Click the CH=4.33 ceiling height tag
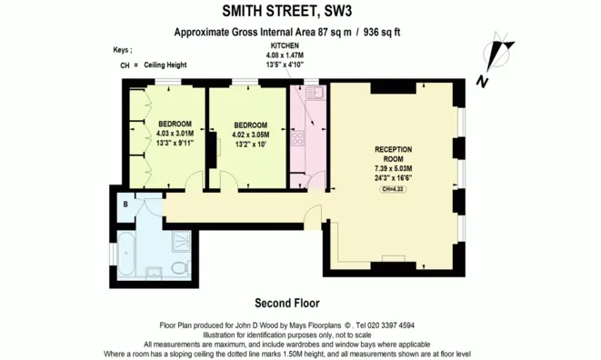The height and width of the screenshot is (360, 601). coord(393,188)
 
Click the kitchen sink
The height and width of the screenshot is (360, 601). coord(311,94)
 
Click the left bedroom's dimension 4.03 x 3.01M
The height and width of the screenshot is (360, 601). coord(175,133)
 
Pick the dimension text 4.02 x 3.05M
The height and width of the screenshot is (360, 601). coord(250,134)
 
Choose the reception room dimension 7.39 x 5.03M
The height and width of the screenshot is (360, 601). coord(393,169)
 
